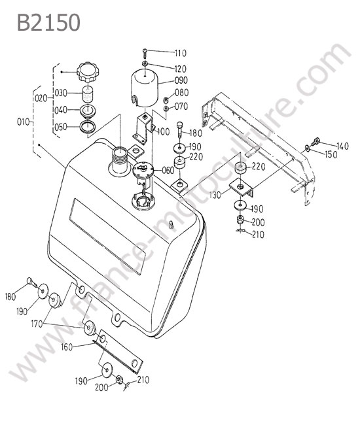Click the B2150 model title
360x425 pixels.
click(x=48, y=22)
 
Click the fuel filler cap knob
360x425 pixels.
click(x=88, y=72)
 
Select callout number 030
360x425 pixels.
click(x=61, y=93)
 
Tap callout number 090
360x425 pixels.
click(x=181, y=80)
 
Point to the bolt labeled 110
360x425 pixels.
click(x=145, y=52)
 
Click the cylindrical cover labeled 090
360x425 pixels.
click(x=145, y=88)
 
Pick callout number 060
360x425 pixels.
click(x=168, y=171)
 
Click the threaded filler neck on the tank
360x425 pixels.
click(x=120, y=161)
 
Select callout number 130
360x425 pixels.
click(x=215, y=195)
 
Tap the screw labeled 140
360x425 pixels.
click(x=315, y=141)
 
